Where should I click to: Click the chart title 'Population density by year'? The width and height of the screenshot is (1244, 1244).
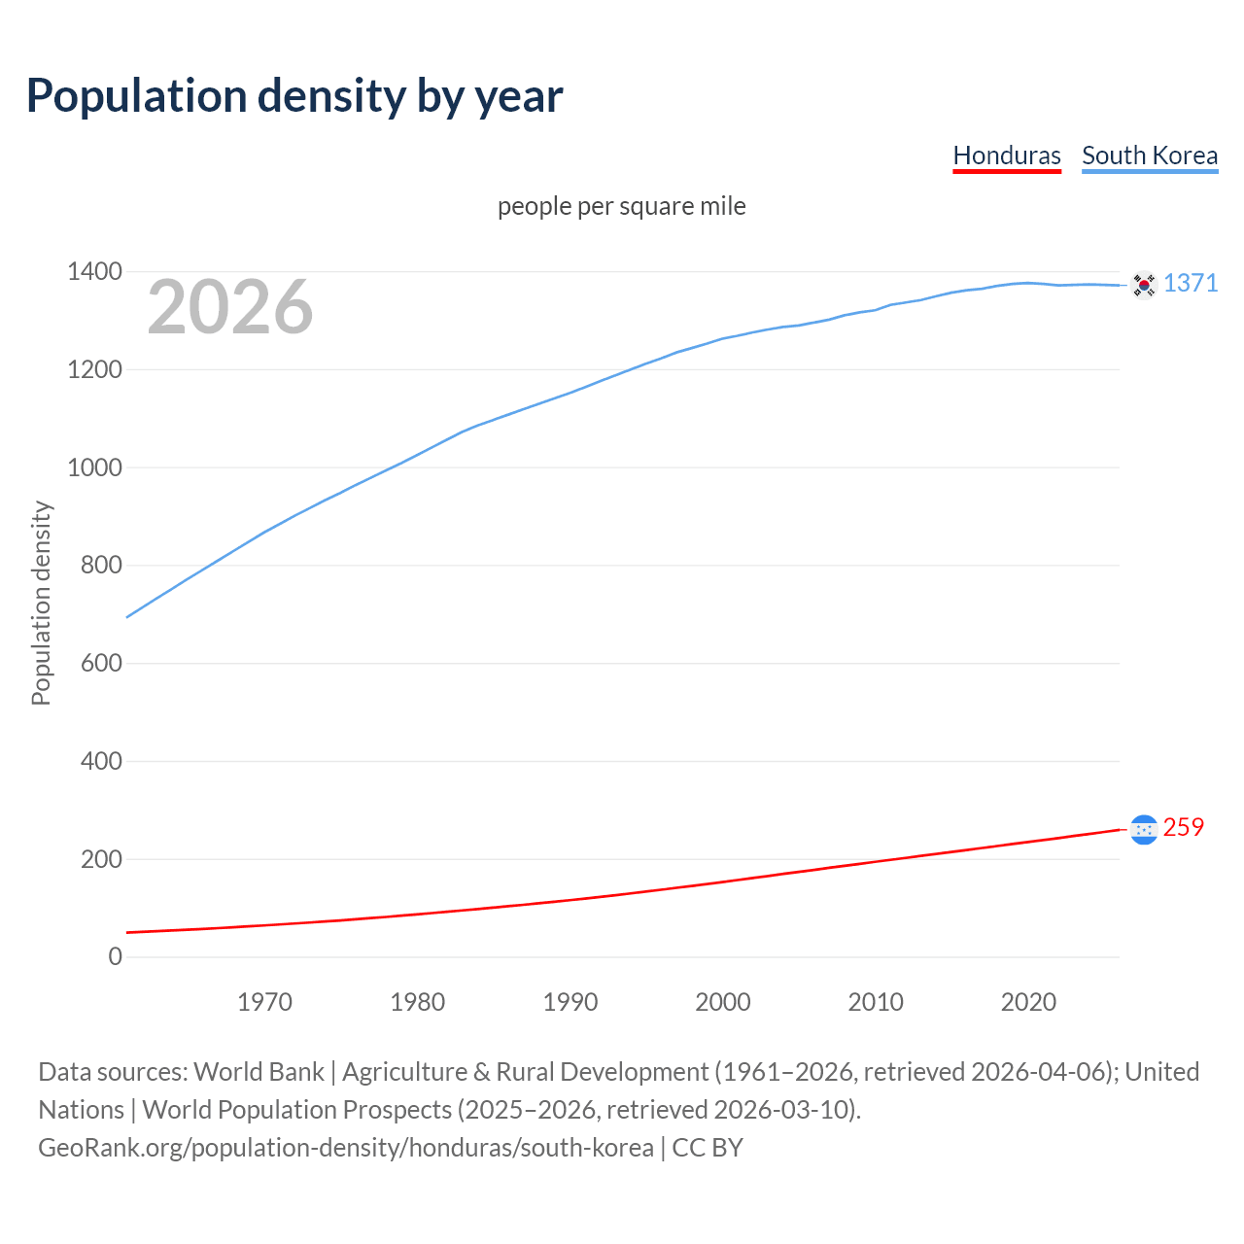[294, 95]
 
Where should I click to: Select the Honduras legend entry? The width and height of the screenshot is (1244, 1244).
[1007, 155]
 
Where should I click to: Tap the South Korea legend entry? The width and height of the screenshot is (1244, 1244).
[1150, 155]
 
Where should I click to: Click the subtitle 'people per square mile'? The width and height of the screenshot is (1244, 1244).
[622, 206]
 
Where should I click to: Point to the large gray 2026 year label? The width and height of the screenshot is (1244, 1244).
[230, 307]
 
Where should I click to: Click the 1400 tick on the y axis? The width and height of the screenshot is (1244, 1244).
[94, 271]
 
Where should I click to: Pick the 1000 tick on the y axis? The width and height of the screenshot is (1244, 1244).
[94, 467]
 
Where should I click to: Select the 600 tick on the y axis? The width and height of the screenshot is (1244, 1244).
[101, 663]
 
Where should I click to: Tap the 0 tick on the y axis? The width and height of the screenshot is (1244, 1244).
[116, 956]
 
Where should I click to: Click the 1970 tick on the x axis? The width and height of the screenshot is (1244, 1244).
[264, 1002]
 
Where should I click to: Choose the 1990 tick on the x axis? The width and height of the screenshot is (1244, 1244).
[570, 1002]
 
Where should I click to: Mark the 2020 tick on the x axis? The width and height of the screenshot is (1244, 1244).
[1028, 1002]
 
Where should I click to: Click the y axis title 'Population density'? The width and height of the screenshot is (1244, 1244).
[41, 603]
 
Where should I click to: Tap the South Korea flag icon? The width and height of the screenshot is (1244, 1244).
[1144, 285]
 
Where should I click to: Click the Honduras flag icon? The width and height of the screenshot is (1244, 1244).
[1144, 829]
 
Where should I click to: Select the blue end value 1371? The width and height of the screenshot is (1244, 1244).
[1191, 283]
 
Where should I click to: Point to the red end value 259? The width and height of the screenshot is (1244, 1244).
[1184, 827]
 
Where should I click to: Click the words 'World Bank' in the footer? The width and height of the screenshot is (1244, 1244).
[259, 1072]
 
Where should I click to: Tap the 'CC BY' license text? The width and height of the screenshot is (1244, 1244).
[708, 1148]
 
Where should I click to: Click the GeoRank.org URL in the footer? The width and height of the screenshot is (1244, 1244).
[346, 1148]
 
